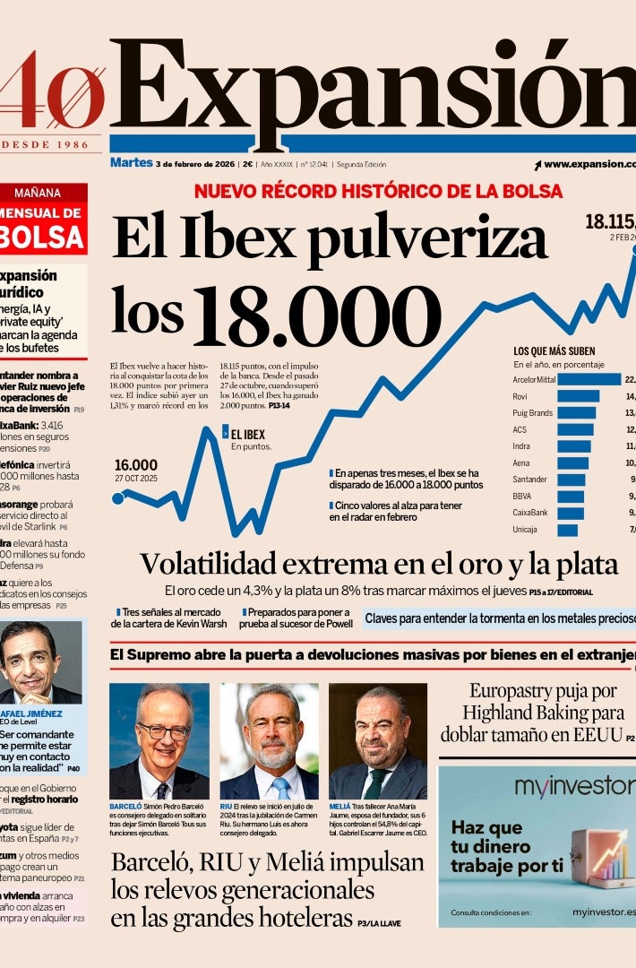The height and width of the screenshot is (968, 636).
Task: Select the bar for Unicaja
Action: (568, 530)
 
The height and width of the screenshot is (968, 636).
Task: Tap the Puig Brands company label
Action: (533, 413)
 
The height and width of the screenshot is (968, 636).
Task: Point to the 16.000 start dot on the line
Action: (118, 497)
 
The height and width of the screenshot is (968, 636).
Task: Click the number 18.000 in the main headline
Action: (318, 318)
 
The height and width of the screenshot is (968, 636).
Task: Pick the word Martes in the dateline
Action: (131, 163)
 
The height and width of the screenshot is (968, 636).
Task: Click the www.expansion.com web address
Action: (588, 164)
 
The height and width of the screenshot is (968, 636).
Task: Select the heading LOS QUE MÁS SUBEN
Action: (554, 351)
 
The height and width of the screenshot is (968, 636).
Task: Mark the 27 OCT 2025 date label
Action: (135, 478)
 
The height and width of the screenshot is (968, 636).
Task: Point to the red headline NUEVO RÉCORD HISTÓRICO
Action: (378, 191)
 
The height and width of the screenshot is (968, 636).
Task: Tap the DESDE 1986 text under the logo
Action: (56, 144)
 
